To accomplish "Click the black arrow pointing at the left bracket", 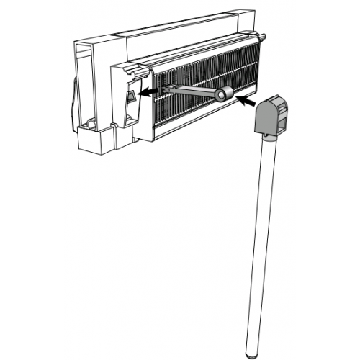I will pos(145,92).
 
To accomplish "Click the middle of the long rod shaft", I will pos(261,245).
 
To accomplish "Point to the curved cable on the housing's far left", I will pos(74,101).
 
